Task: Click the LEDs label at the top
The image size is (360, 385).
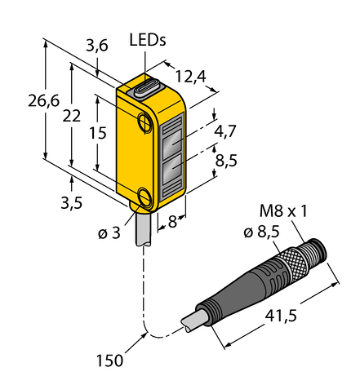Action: click(x=148, y=41)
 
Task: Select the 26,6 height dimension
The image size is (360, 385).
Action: click(x=44, y=101)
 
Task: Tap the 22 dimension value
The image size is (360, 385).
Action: click(x=72, y=116)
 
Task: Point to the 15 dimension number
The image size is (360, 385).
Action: click(x=98, y=133)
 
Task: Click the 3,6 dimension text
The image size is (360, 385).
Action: click(x=97, y=46)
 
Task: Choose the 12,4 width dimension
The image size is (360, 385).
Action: click(x=191, y=77)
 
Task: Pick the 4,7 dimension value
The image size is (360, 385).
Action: click(x=225, y=131)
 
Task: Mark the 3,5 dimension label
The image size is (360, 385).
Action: click(x=71, y=203)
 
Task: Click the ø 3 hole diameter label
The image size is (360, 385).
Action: click(x=109, y=233)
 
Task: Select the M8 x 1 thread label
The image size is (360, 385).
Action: click(x=283, y=211)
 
